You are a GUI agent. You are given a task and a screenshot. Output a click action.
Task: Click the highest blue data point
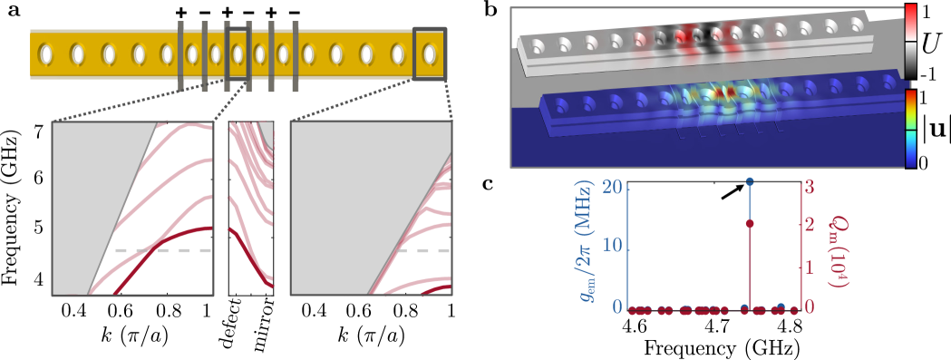pyautogui.click(x=750, y=182)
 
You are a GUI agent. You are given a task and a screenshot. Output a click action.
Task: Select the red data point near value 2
pyautogui.click(x=750, y=223)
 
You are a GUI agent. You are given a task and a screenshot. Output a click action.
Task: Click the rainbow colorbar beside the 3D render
pyautogui.click(x=910, y=128)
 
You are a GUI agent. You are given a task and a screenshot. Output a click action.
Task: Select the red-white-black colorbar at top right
pyautogui.click(x=910, y=41)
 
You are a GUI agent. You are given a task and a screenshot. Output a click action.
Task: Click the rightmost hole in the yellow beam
pyautogui.click(x=430, y=55)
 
